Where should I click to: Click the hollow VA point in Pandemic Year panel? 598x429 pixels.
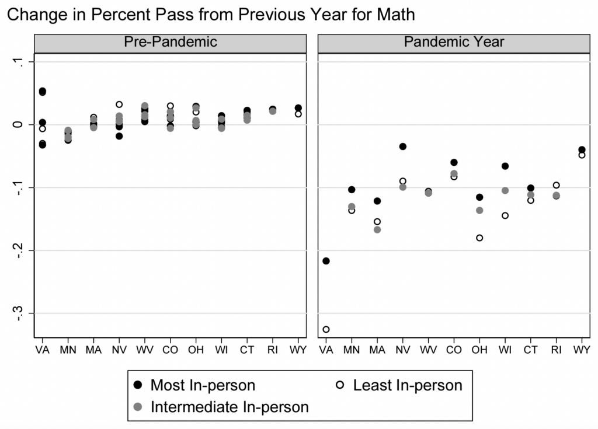(326, 329)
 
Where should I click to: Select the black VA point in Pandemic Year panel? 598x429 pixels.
(326, 261)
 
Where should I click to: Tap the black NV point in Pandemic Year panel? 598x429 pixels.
(402, 147)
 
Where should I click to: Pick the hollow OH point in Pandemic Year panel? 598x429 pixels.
(479, 238)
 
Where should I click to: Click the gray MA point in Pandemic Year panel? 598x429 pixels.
(377, 229)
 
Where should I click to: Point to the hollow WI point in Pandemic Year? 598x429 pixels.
(505, 215)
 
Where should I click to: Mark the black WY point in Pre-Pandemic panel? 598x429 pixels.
(298, 108)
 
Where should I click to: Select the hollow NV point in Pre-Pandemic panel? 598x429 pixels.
(119, 104)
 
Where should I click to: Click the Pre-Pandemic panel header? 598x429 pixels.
(170, 42)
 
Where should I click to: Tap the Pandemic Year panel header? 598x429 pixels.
(454, 42)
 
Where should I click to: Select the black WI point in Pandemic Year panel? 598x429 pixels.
(505, 166)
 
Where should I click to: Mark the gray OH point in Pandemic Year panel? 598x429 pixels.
(479, 210)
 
